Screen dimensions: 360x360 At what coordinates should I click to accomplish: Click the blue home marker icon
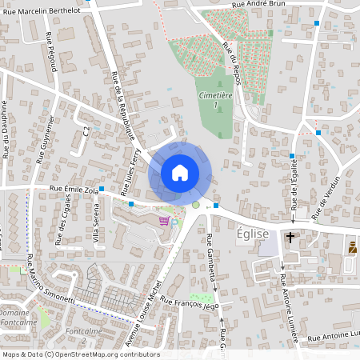click(x=179, y=173)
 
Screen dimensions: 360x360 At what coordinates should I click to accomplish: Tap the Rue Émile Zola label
click(x=73, y=190)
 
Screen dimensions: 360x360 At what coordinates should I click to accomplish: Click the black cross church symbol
click(x=290, y=238)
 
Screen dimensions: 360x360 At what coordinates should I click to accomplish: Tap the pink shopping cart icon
click(x=164, y=221)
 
